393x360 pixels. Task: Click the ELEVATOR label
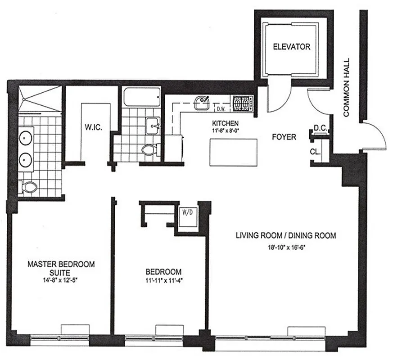[x=292, y=47]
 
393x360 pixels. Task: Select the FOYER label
[x=284, y=137]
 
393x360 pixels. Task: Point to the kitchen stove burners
[x=243, y=104]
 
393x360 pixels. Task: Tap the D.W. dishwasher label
[x=221, y=109]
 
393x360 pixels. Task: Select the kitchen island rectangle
[x=233, y=153]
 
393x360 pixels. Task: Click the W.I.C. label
[x=95, y=127]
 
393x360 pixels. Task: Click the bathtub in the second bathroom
[x=141, y=97]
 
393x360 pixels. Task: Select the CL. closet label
[x=315, y=152]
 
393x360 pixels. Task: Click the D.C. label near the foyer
[x=320, y=128]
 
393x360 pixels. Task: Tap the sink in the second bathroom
[x=153, y=123]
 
